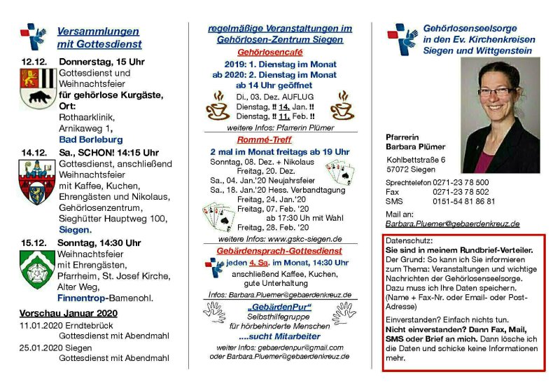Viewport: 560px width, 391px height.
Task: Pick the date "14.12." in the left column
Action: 34,152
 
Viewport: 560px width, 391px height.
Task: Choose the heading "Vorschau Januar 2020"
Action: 69,313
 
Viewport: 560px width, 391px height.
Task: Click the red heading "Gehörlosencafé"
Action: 279,53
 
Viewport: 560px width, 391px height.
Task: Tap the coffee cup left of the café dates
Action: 218,107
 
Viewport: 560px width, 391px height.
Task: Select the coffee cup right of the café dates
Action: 342,107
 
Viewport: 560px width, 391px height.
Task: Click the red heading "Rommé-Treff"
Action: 279,139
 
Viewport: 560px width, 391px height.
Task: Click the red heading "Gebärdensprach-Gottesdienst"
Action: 279,250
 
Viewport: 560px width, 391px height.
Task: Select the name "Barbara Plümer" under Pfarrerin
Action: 415,146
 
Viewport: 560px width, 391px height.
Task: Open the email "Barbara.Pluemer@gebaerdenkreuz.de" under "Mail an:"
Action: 452,224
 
